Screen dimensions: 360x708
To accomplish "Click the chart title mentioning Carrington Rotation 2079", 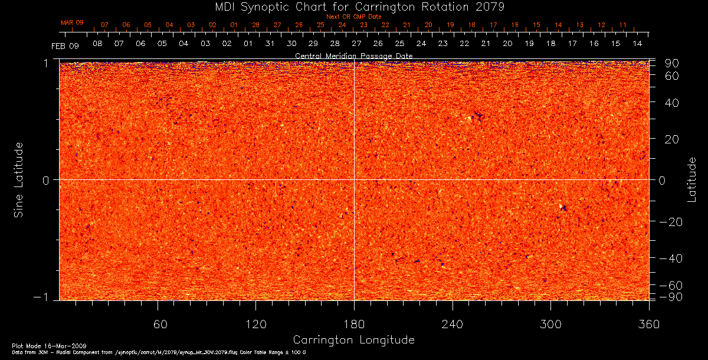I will (354, 7).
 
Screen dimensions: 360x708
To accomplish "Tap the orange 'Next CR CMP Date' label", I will (354, 17).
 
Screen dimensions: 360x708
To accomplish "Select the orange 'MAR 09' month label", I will (72, 22).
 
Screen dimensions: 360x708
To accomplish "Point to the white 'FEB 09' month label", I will (65, 45).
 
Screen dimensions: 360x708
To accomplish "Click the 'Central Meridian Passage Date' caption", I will (354, 55).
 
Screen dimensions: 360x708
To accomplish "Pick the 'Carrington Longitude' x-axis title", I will (353, 340).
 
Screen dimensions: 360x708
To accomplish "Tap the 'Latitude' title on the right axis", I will (691, 179).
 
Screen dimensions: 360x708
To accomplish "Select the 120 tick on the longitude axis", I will (256, 324).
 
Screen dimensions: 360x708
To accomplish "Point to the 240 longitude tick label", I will (453, 324).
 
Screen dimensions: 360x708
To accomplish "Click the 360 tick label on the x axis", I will (648, 324).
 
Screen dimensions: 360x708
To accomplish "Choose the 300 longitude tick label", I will (550, 324).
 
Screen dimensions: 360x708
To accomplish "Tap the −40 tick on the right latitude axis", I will (670, 258).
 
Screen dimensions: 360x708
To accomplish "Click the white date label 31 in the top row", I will (270, 44).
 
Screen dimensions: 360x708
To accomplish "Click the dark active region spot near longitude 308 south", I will (563, 208).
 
